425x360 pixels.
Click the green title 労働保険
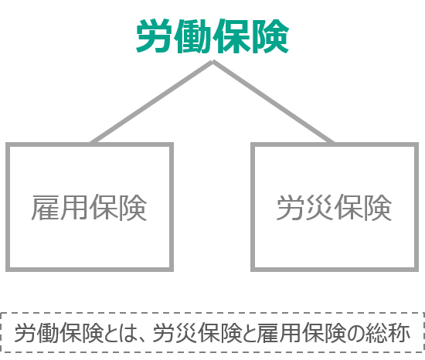click(212, 36)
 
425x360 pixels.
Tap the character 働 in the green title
click(193, 36)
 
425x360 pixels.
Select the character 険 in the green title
click(270, 36)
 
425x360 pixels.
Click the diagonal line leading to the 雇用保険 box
click(151, 102)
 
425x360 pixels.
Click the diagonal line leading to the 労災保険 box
click(274, 102)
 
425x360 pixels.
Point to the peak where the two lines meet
click(212, 62)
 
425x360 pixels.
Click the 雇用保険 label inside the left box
click(89, 208)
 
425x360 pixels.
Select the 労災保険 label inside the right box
click(334, 208)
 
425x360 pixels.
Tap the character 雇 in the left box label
click(46, 208)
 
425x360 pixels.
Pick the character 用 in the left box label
click(74, 208)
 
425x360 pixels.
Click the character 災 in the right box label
click(320, 208)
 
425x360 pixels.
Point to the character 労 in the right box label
click(291, 208)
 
